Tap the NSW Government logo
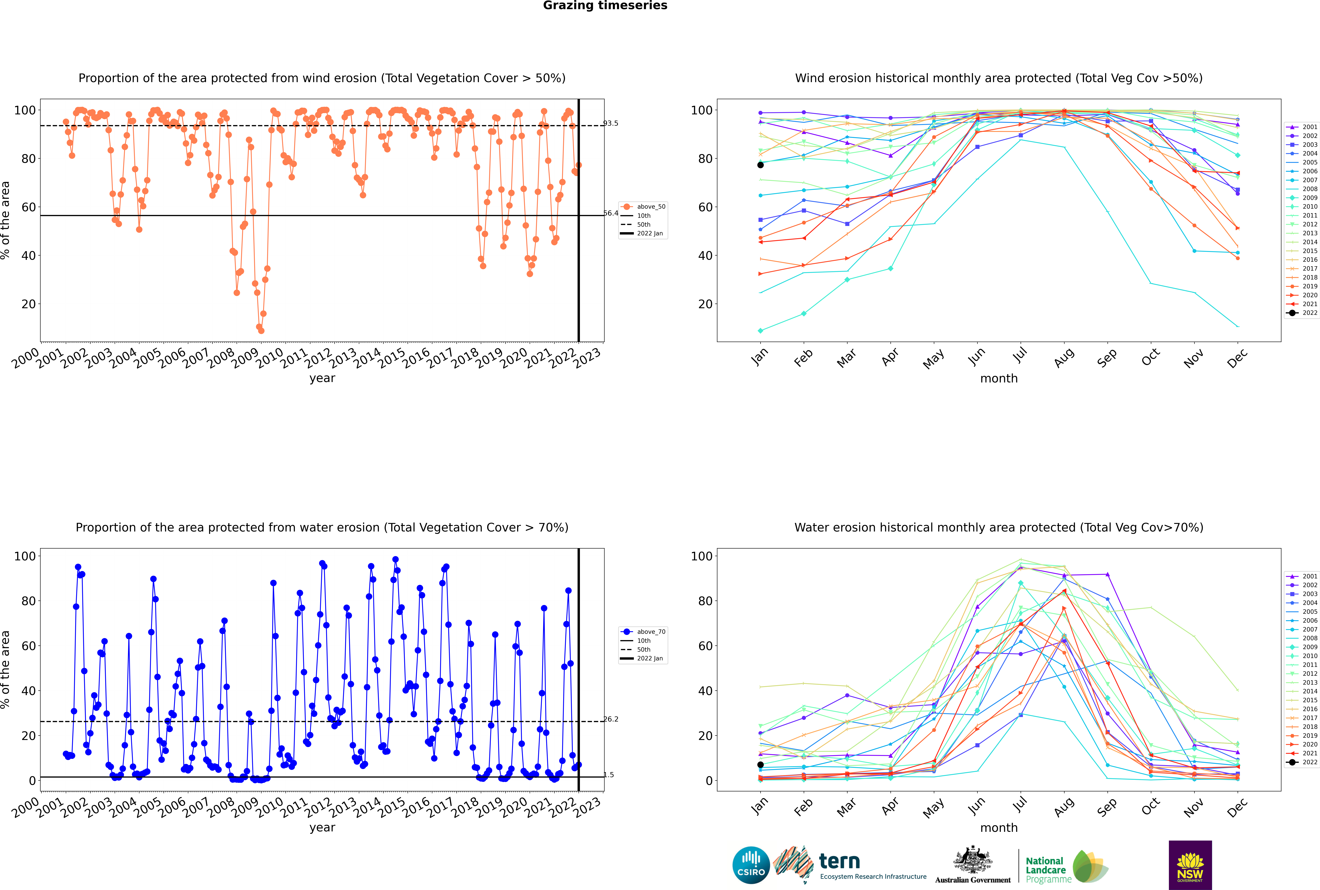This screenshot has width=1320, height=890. [1190, 865]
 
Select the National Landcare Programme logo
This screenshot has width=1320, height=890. [1067, 867]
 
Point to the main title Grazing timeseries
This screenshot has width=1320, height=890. [605, 6]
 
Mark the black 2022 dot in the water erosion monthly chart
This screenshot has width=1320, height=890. [760, 765]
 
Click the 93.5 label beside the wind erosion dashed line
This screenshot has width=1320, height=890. [611, 123]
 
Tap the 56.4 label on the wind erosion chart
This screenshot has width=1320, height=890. [611, 213]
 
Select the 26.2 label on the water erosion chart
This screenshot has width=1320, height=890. [611, 719]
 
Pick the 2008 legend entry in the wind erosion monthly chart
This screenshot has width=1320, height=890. [1302, 189]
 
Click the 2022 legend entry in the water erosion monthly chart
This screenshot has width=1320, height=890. [1302, 762]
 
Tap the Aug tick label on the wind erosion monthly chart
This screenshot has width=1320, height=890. [1064, 358]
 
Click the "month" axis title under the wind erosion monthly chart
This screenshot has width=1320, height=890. [999, 379]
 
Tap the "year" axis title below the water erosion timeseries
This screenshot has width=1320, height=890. [322, 828]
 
